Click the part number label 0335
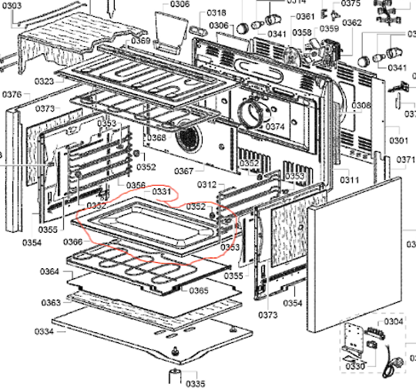[195, 383]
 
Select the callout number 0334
[44, 332]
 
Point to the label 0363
[51, 302]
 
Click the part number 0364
[49, 271]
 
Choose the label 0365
[198, 291]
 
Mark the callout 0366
[73, 241]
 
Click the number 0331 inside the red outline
[161, 190]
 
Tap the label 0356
[136, 185]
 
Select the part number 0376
[11, 94]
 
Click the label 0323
[44, 81]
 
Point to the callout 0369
[140, 40]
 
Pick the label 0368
[156, 138]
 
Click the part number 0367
[183, 171]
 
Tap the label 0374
[275, 126]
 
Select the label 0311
[351, 180]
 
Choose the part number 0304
[393, 321]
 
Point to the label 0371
[406, 160]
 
